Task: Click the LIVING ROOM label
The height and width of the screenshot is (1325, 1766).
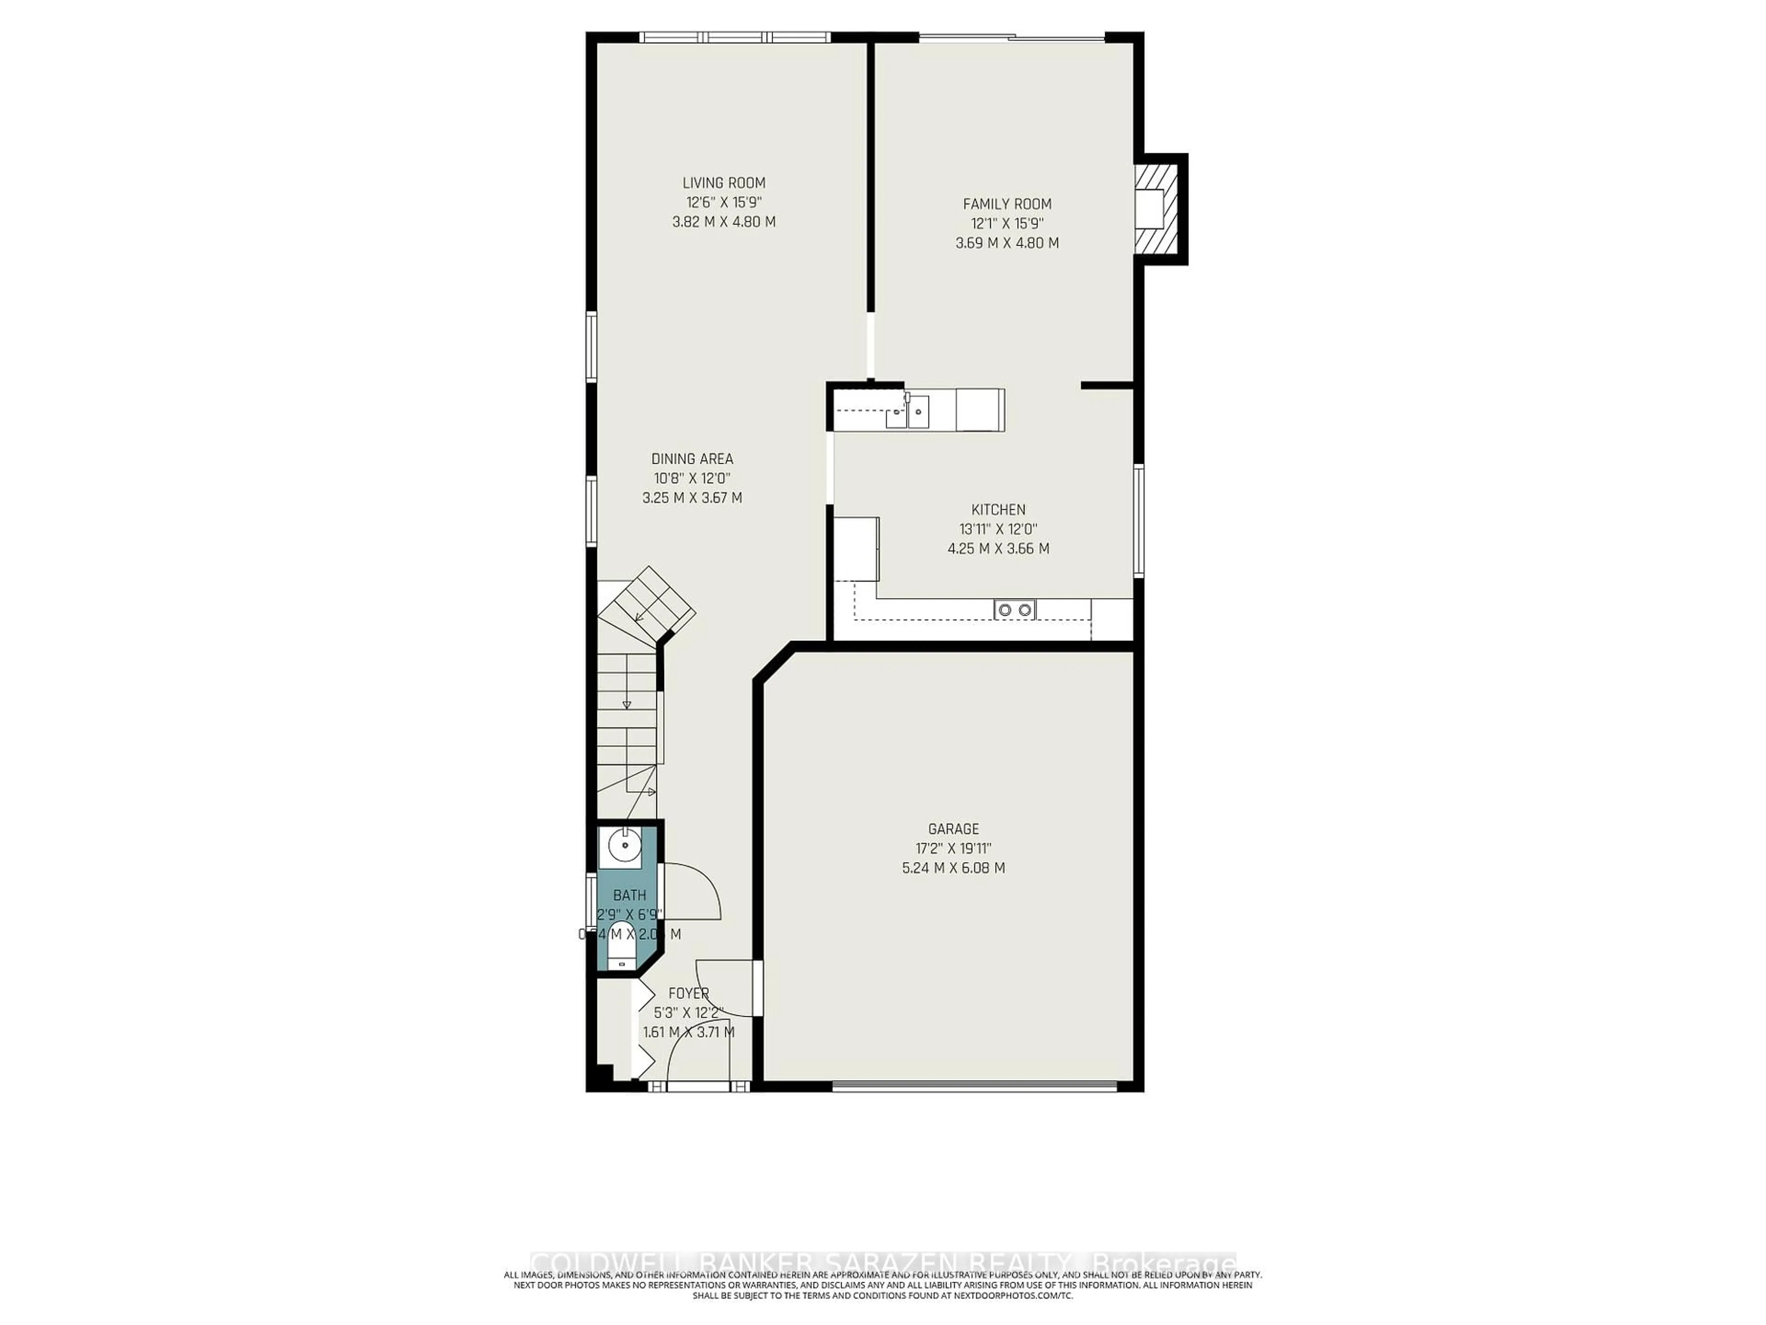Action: tap(723, 183)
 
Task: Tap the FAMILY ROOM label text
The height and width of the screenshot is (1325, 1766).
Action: tap(1007, 204)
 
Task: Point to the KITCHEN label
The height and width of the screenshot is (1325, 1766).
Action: tap(998, 510)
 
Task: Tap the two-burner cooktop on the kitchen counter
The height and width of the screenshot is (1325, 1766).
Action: tap(1014, 610)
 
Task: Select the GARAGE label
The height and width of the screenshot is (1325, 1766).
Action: tap(953, 829)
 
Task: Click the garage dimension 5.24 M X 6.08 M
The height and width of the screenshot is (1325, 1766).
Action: tap(953, 867)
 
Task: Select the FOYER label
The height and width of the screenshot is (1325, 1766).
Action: tap(688, 994)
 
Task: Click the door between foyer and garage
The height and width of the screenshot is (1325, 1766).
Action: tap(757, 987)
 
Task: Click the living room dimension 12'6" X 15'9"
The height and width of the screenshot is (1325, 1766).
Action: tap(723, 202)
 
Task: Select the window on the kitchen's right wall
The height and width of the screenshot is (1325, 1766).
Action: tap(1139, 521)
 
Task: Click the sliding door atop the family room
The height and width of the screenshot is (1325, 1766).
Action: tap(1011, 37)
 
